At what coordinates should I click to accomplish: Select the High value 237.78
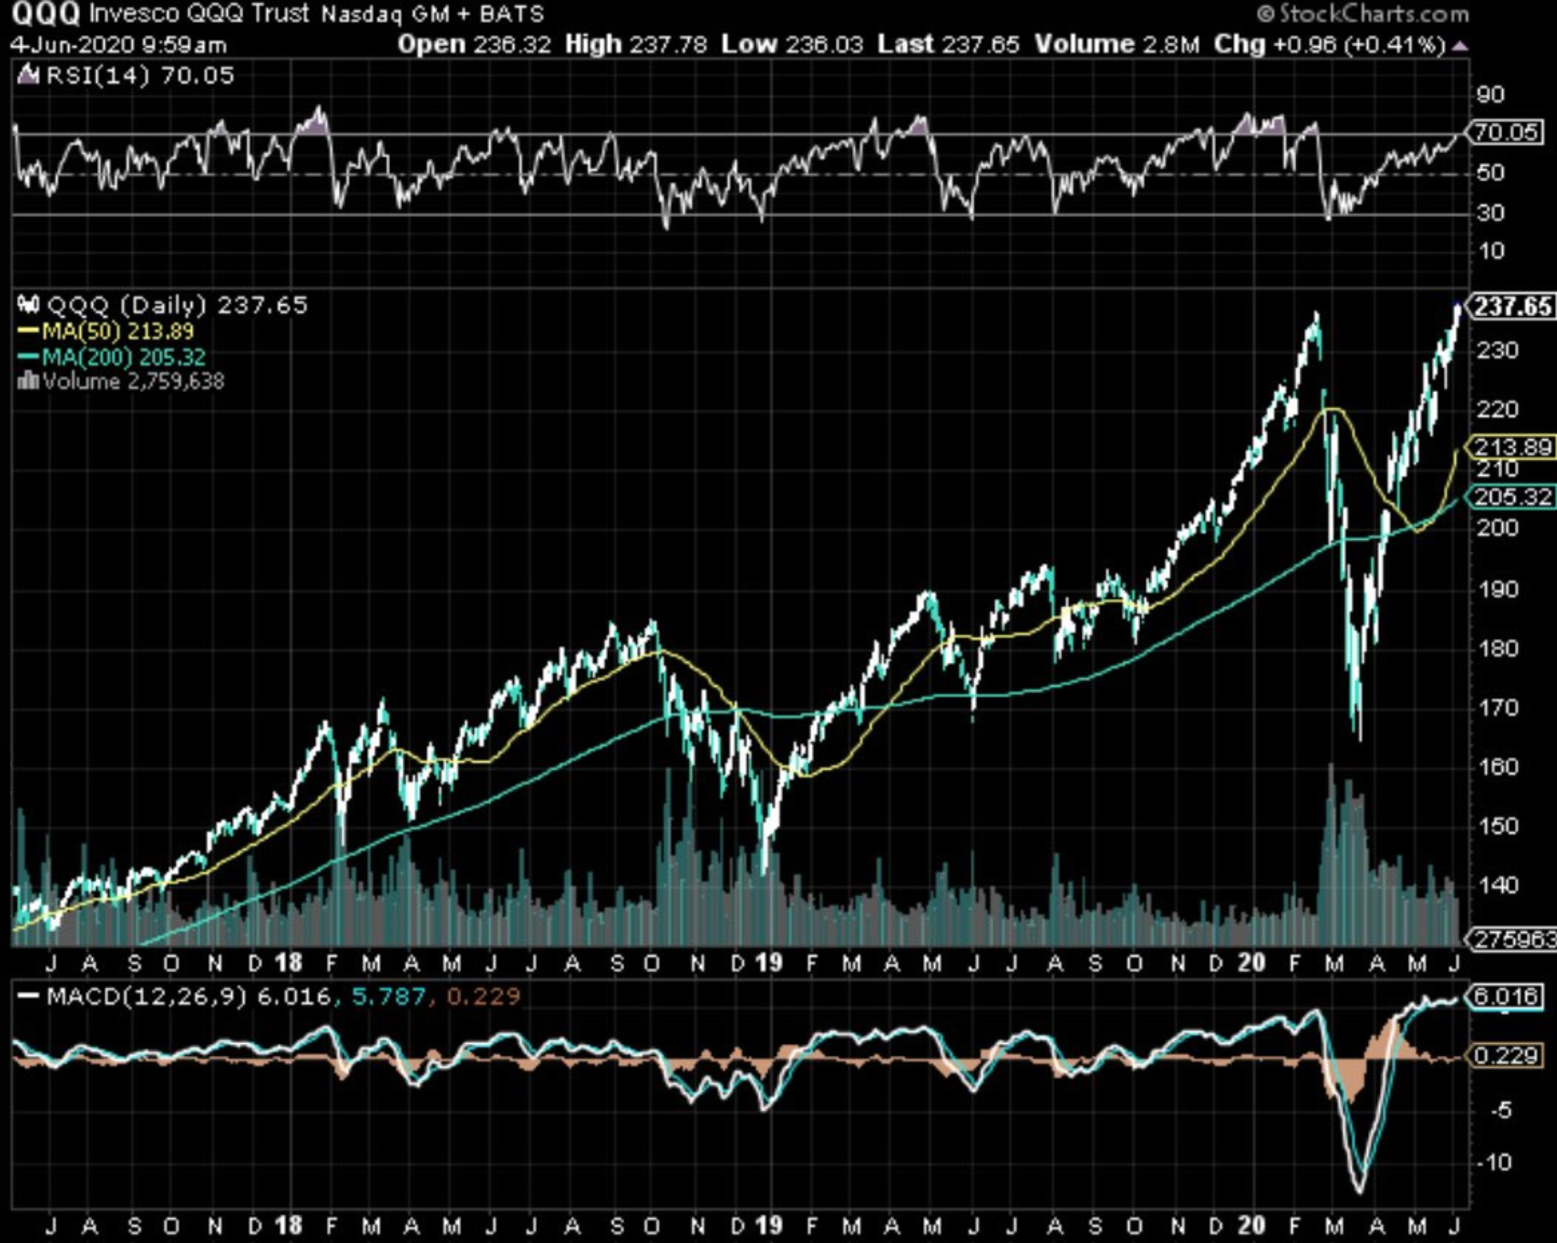[668, 45]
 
